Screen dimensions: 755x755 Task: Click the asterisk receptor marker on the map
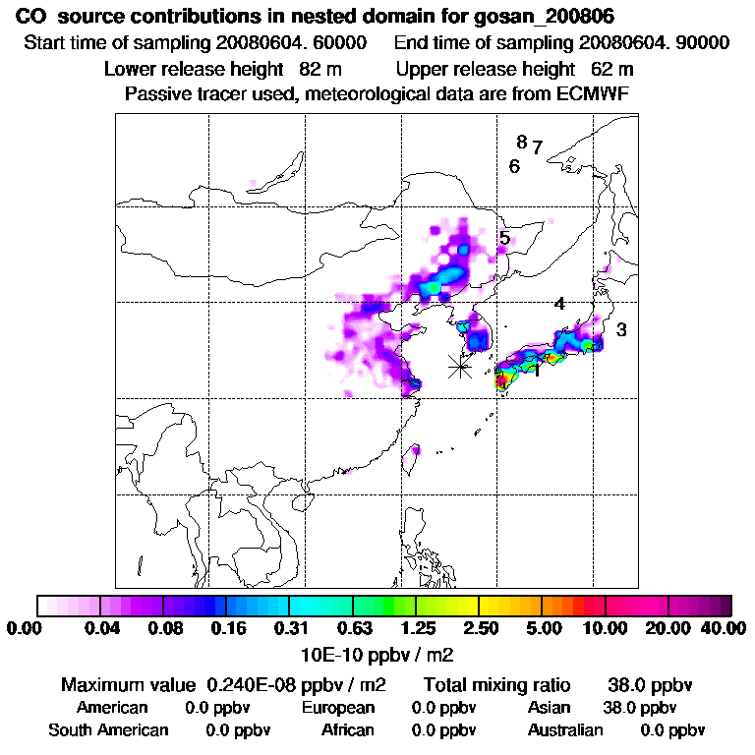(459, 367)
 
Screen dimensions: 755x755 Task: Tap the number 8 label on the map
(522, 142)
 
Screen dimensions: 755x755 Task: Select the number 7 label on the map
(538, 147)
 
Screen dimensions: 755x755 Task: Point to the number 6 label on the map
(514, 167)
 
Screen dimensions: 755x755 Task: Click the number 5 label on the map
(504, 238)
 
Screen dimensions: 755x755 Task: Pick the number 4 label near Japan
(559, 305)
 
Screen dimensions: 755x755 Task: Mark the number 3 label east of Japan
(621, 330)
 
